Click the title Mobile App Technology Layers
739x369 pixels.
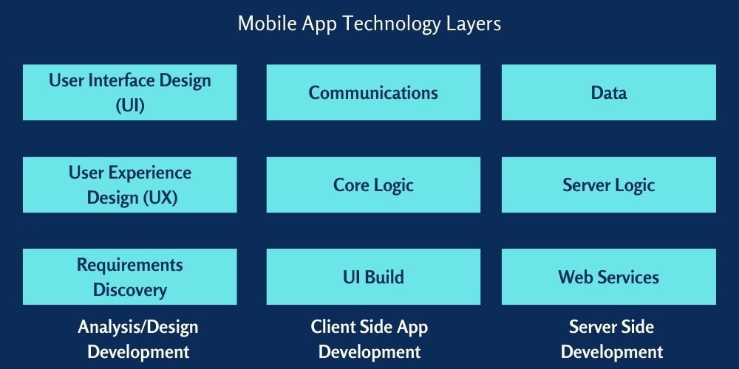[x=369, y=24]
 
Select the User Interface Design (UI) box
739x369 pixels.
[x=130, y=92]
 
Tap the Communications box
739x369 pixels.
[x=373, y=92]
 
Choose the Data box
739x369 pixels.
[x=608, y=92]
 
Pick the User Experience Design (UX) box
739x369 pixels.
[x=130, y=184]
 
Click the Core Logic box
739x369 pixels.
[x=373, y=184]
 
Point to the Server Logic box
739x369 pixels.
[x=608, y=184]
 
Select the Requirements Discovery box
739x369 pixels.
[x=130, y=277]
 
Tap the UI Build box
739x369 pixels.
[x=373, y=277]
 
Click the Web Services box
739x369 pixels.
[x=608, y=277]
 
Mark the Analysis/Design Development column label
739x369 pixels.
[x=137, y=339]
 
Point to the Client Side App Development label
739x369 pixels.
[x=369, y=339]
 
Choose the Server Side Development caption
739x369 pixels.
[x=611, y=339]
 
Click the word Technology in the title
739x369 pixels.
[x=383, y=24]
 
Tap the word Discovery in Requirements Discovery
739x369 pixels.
[x=130, y=289]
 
